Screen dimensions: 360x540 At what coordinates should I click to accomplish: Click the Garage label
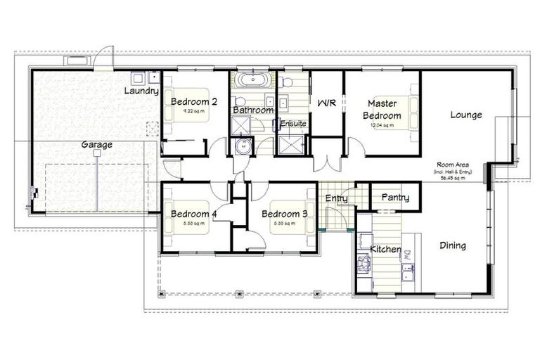coord(96,145)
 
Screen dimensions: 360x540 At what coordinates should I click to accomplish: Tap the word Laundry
coord(141,91)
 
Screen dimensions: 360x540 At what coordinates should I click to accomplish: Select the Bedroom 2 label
coord(193,101)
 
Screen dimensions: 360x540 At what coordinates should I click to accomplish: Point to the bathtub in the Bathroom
coord(252,79)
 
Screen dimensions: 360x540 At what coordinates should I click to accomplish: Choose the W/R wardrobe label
coord(327,103)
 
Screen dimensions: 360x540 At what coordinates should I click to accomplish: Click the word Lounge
coord(465,115)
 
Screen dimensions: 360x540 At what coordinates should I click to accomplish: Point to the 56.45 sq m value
coord(453,179)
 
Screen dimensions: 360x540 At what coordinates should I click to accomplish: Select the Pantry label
coord(394,198)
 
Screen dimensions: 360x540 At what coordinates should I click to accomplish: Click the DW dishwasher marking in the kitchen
coord(406,256)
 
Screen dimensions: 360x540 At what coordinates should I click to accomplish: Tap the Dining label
coord(452,245)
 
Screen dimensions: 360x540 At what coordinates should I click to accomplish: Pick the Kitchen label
coord(385,250)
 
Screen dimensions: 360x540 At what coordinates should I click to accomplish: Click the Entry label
coord(336,199)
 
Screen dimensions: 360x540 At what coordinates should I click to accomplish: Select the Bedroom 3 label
coord(285,214)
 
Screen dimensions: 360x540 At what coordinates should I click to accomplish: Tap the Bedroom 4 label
coord(193,214)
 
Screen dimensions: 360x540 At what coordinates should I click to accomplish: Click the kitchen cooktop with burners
coord(364,264)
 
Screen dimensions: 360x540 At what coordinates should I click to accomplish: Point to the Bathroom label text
coord(253,110)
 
